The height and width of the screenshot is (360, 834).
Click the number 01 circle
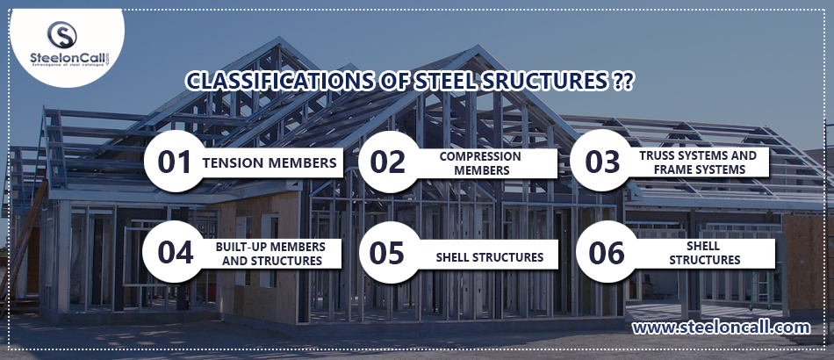(175, 162)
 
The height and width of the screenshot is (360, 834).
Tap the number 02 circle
(389, 162)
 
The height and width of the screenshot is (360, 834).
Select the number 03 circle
(601, 161)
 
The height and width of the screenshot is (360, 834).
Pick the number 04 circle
(174, 252)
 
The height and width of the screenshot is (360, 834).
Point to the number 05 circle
(389, 252)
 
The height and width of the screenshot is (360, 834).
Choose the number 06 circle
(607, 251)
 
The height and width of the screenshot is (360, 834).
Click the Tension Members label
(270, 162)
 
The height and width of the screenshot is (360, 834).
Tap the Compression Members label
(480, 163)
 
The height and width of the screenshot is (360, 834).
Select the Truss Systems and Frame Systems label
(698, 162)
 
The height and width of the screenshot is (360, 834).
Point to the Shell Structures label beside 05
(489, 257)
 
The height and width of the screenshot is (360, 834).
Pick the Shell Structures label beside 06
(704, 253)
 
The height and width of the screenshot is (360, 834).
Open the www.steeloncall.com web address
(721, 327)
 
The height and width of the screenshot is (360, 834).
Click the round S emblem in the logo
(61, 34)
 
